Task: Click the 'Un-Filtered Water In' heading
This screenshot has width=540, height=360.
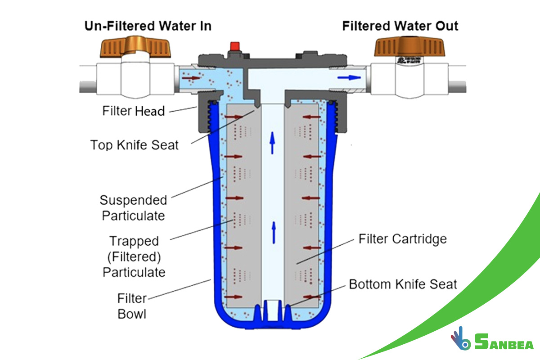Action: click(x=148, y=26)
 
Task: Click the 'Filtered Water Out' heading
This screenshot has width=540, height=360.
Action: click(x=400, y=26)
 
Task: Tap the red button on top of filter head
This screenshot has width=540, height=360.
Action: click(x=234, y=46)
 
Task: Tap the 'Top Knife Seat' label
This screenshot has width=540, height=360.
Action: click(x=135, y=145)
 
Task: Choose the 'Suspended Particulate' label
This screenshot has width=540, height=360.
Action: click(x=134, y=207)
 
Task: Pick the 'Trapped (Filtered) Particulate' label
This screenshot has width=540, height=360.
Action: click(x=134, y=256)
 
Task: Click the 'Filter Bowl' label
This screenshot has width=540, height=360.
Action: click(x=132, y=306)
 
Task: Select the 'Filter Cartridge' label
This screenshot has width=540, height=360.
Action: click(x=402, y=238)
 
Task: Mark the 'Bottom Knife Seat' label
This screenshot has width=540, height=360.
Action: click(x=403, y=284)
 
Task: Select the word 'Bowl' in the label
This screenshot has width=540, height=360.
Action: click(x=132, y=314)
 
